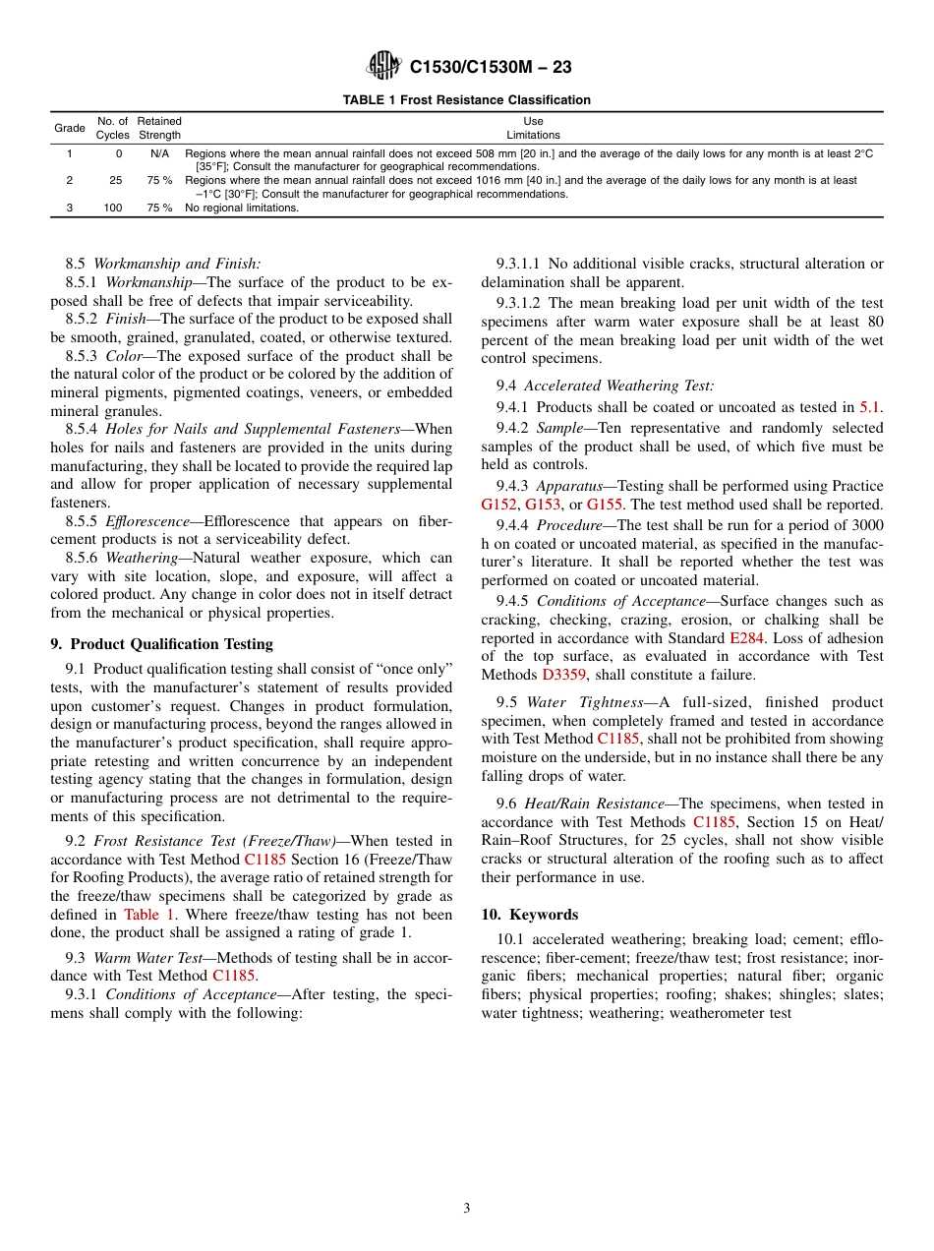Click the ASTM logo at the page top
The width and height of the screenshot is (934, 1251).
[383, 66]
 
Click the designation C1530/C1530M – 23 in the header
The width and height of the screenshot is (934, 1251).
[491, 67]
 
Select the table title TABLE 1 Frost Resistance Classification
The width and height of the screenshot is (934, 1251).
[466, 100]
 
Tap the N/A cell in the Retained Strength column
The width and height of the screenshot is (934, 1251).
[159, 154]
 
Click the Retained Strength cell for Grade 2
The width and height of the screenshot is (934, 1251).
[159, 181]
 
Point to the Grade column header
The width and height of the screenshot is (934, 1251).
[69, 128]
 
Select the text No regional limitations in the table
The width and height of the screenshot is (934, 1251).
[242, 208]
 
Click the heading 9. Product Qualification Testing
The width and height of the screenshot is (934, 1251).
[162, 644]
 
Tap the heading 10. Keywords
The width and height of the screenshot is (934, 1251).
[530, 915]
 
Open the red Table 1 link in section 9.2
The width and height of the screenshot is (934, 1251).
[149, 915]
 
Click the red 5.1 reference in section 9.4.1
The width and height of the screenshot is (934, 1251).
[870, 407]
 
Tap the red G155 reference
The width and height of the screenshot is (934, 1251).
[605, 505]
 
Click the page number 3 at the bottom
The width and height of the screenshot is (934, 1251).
[467, 1209]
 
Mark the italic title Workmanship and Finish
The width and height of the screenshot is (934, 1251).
[177, 264]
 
